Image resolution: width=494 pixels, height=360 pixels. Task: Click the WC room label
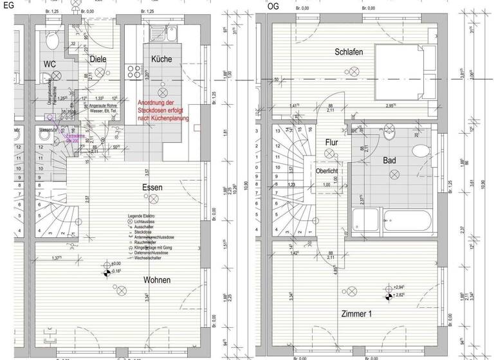coord(49,64)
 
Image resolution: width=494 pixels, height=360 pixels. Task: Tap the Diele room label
coord(98,59)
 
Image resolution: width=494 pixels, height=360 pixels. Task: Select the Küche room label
coord(161,59)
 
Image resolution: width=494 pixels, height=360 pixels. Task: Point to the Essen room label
coord(152,188)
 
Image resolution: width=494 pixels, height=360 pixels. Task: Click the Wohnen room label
coord(156,280)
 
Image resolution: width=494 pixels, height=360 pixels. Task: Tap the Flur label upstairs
coord(331,143)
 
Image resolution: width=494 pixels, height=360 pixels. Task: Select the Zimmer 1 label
coord(357,313)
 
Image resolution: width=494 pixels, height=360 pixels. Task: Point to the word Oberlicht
coord(327,171)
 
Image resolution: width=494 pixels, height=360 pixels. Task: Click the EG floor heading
coord(8,4)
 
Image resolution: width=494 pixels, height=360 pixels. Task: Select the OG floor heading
coord(273,6)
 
